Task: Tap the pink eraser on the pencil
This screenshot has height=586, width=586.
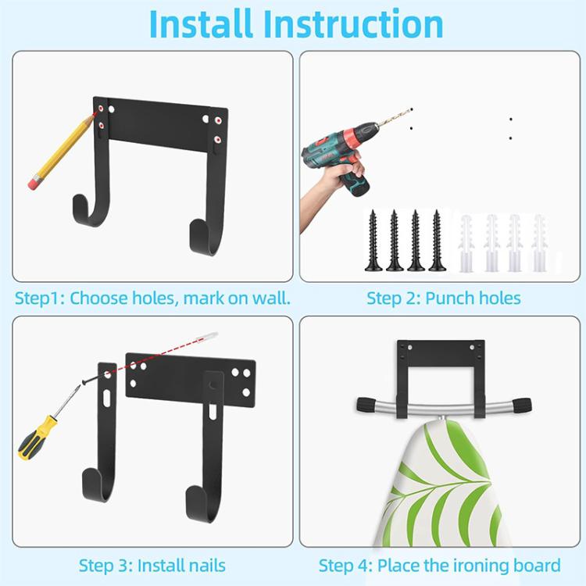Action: [x=34, y=182]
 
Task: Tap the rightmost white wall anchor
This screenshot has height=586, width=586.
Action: [x=538, y=241]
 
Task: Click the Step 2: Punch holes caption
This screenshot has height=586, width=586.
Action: [x=443, y=298]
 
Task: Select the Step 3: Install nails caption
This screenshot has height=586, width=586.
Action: [x=152, y=565]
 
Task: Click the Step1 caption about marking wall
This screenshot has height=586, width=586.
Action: [x=153, y=298]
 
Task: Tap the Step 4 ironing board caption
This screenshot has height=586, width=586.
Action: [x=439, y=565]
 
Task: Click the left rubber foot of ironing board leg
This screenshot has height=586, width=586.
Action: [x=368, y=405]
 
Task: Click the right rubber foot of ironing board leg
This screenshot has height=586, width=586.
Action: [x=520, y=405]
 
